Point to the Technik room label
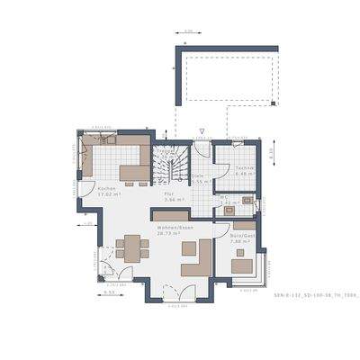click(x=244, y=167)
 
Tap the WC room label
click(x=222, y=197)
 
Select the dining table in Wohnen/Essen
click(x=131, y=247)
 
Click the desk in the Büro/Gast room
click(x=240, y=265)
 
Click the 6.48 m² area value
click(x=244, y=174)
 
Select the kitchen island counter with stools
click(x=135, y=174)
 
